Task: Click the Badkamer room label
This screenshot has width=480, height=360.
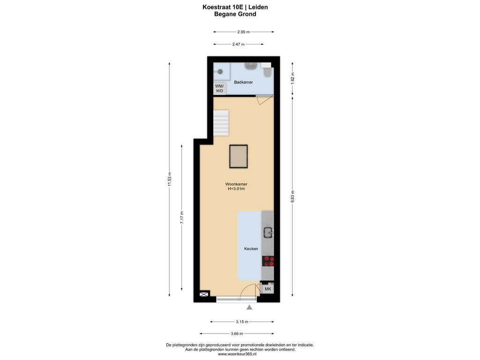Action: tap(243, 82)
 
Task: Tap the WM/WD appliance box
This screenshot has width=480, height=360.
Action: tap(219, 89)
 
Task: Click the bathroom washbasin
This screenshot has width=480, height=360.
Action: tap(251, 66)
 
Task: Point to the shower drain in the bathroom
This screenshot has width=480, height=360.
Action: tap(220, 72)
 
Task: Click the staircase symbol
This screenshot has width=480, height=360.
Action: tap(221, 122)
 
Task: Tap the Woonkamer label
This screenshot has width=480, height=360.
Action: tap(236, 184)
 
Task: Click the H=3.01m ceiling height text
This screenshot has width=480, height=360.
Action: tap(236, 189)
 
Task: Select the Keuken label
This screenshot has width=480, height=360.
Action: tap(251, 248)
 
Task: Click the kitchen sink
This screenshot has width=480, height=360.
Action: tap(269, 233)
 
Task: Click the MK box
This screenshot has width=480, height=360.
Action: tap(268, 289)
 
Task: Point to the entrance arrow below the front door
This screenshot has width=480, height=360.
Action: tap(249, 307)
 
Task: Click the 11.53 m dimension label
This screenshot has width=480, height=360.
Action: tap(169, 180)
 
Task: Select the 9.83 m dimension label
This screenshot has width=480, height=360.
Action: tap(292, 196)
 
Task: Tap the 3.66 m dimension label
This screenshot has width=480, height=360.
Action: tap(237, 334)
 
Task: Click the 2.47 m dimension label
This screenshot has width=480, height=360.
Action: tap(238, 44)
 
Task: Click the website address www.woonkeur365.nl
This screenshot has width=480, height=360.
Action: tap(237, 354)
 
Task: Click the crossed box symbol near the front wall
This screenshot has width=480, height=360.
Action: tap(204, 294)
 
